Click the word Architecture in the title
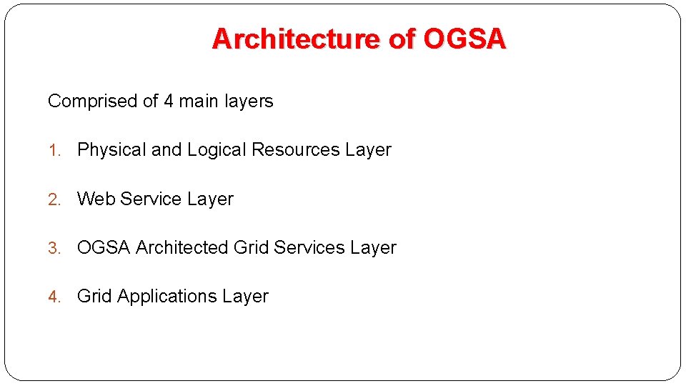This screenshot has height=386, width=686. (297, 39)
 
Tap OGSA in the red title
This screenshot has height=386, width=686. (464, 39)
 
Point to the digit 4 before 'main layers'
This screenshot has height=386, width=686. (169, 102)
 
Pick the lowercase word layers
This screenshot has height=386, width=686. (249, 102)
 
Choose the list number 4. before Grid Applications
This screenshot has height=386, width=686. (54, 297)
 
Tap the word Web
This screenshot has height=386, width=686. (96, 199)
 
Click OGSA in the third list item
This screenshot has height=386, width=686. (104, 247)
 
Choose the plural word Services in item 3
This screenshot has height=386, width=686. (309, 247)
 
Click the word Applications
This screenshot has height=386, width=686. (166, 296)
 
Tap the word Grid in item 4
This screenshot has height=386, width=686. (94, 296)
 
